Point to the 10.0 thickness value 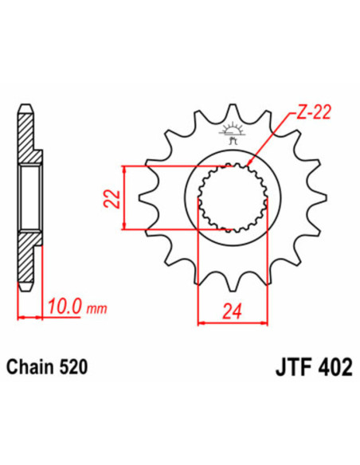click(63, 307)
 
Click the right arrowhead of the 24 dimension click(265, 322)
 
